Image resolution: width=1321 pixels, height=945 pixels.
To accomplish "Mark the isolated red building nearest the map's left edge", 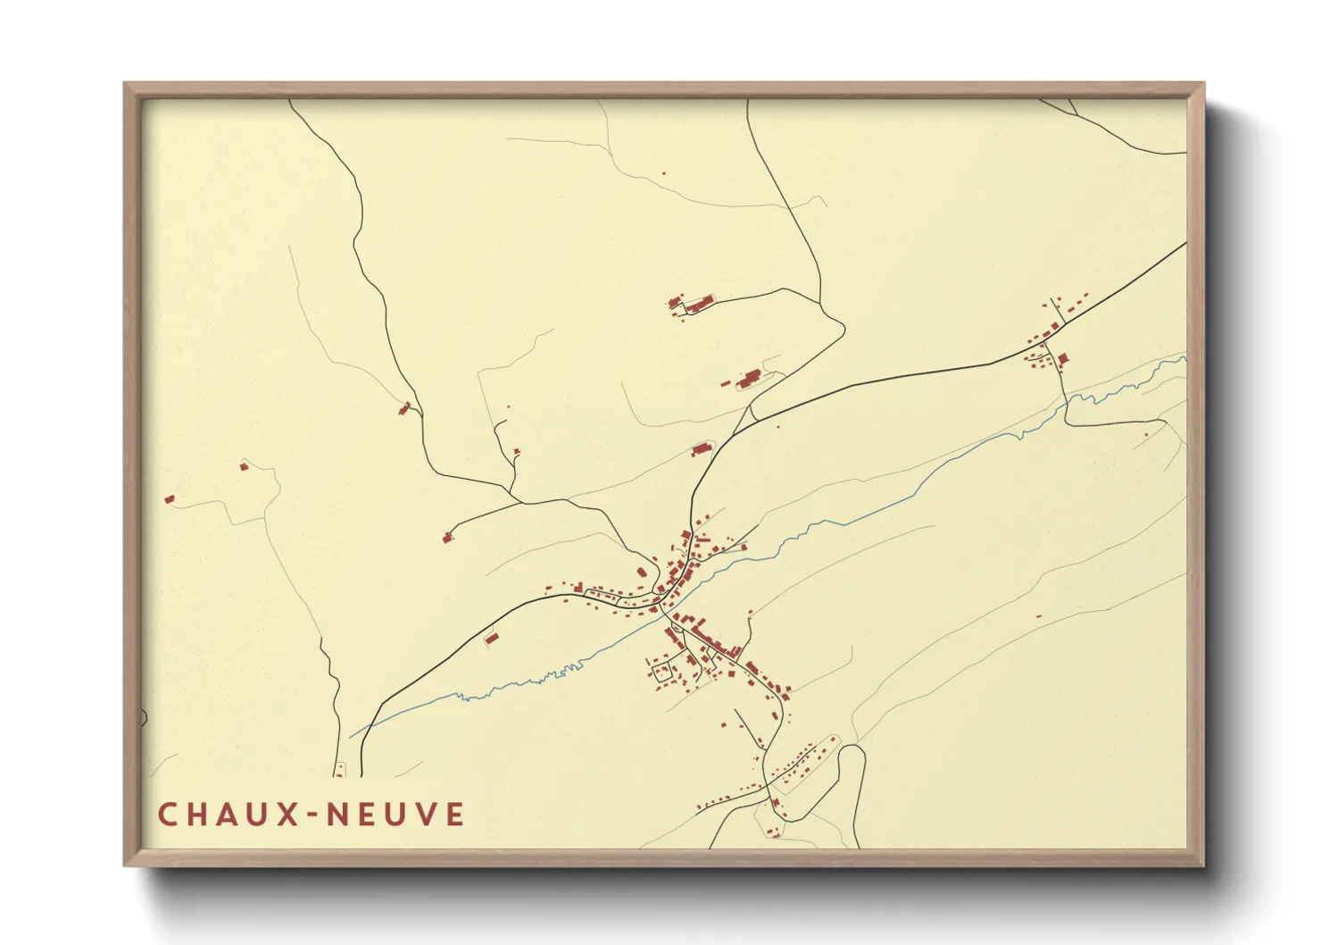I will tap(169, 499).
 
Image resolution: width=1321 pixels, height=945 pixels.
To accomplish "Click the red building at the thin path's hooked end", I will tap(243, 465).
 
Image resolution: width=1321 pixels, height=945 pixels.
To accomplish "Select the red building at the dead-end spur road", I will tap(447, 537).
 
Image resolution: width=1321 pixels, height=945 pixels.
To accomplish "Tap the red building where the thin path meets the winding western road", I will tap(404, 408).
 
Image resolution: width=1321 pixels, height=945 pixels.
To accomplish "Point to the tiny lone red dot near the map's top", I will tap(663, 173).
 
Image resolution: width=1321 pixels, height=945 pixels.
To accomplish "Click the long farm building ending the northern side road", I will tap(696, 305).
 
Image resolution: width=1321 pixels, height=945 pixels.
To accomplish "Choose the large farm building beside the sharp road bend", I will tap(748, 379).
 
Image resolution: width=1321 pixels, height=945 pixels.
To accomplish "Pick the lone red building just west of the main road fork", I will tap(700, 449).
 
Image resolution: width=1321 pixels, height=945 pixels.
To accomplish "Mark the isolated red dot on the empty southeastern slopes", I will tap(1039, 616).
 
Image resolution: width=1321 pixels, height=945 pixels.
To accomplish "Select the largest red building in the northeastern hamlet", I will tap(1062, 359).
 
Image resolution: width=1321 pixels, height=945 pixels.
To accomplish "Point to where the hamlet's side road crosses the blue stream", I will tap(1066, 403).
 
